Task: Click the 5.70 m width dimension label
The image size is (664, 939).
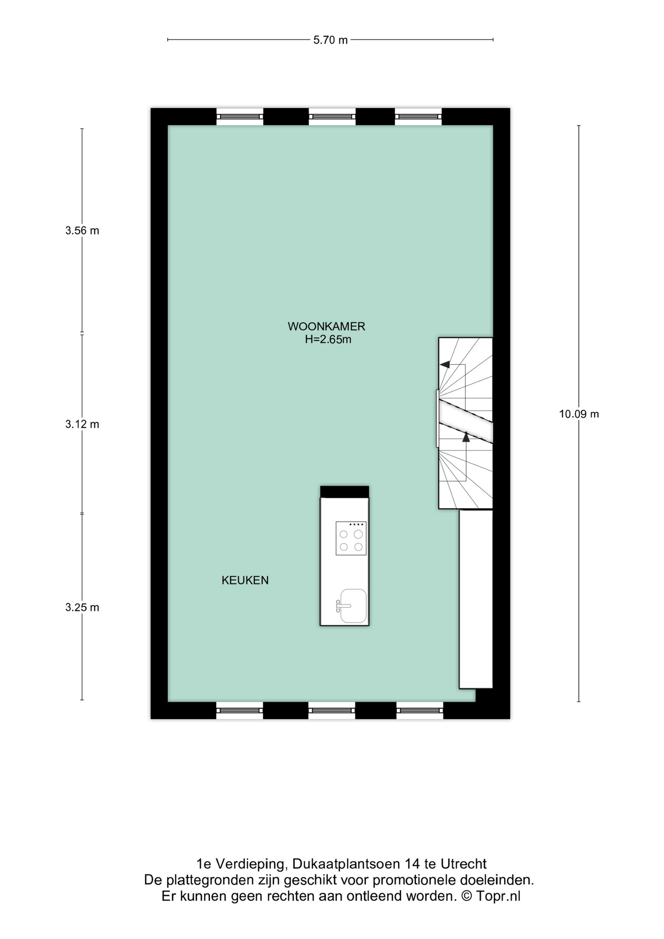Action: [331, 40]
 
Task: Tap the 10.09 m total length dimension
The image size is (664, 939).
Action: [579, 414]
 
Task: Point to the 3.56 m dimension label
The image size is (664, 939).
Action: [82, 231]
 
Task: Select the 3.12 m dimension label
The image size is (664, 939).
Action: [82, 425]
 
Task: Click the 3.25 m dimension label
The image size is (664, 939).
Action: [82, 607]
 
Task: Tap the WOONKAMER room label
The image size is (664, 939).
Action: [327, 326]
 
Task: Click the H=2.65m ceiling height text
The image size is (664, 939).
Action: [328, 339]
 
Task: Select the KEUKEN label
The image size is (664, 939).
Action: [245, 581]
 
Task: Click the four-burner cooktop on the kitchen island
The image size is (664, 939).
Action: [351, 538]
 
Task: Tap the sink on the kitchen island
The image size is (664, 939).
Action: [353, 606]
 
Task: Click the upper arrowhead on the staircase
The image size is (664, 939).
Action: [444, 364]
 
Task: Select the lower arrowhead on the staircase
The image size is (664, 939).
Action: [466, 437]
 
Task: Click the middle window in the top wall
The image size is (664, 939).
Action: [332, 117]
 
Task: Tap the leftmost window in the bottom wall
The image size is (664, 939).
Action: [240, 710]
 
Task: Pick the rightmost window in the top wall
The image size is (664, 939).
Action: [419, 117]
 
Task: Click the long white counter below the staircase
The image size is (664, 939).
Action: [476, 599]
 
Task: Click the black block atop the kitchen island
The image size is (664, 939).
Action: [345, 492]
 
